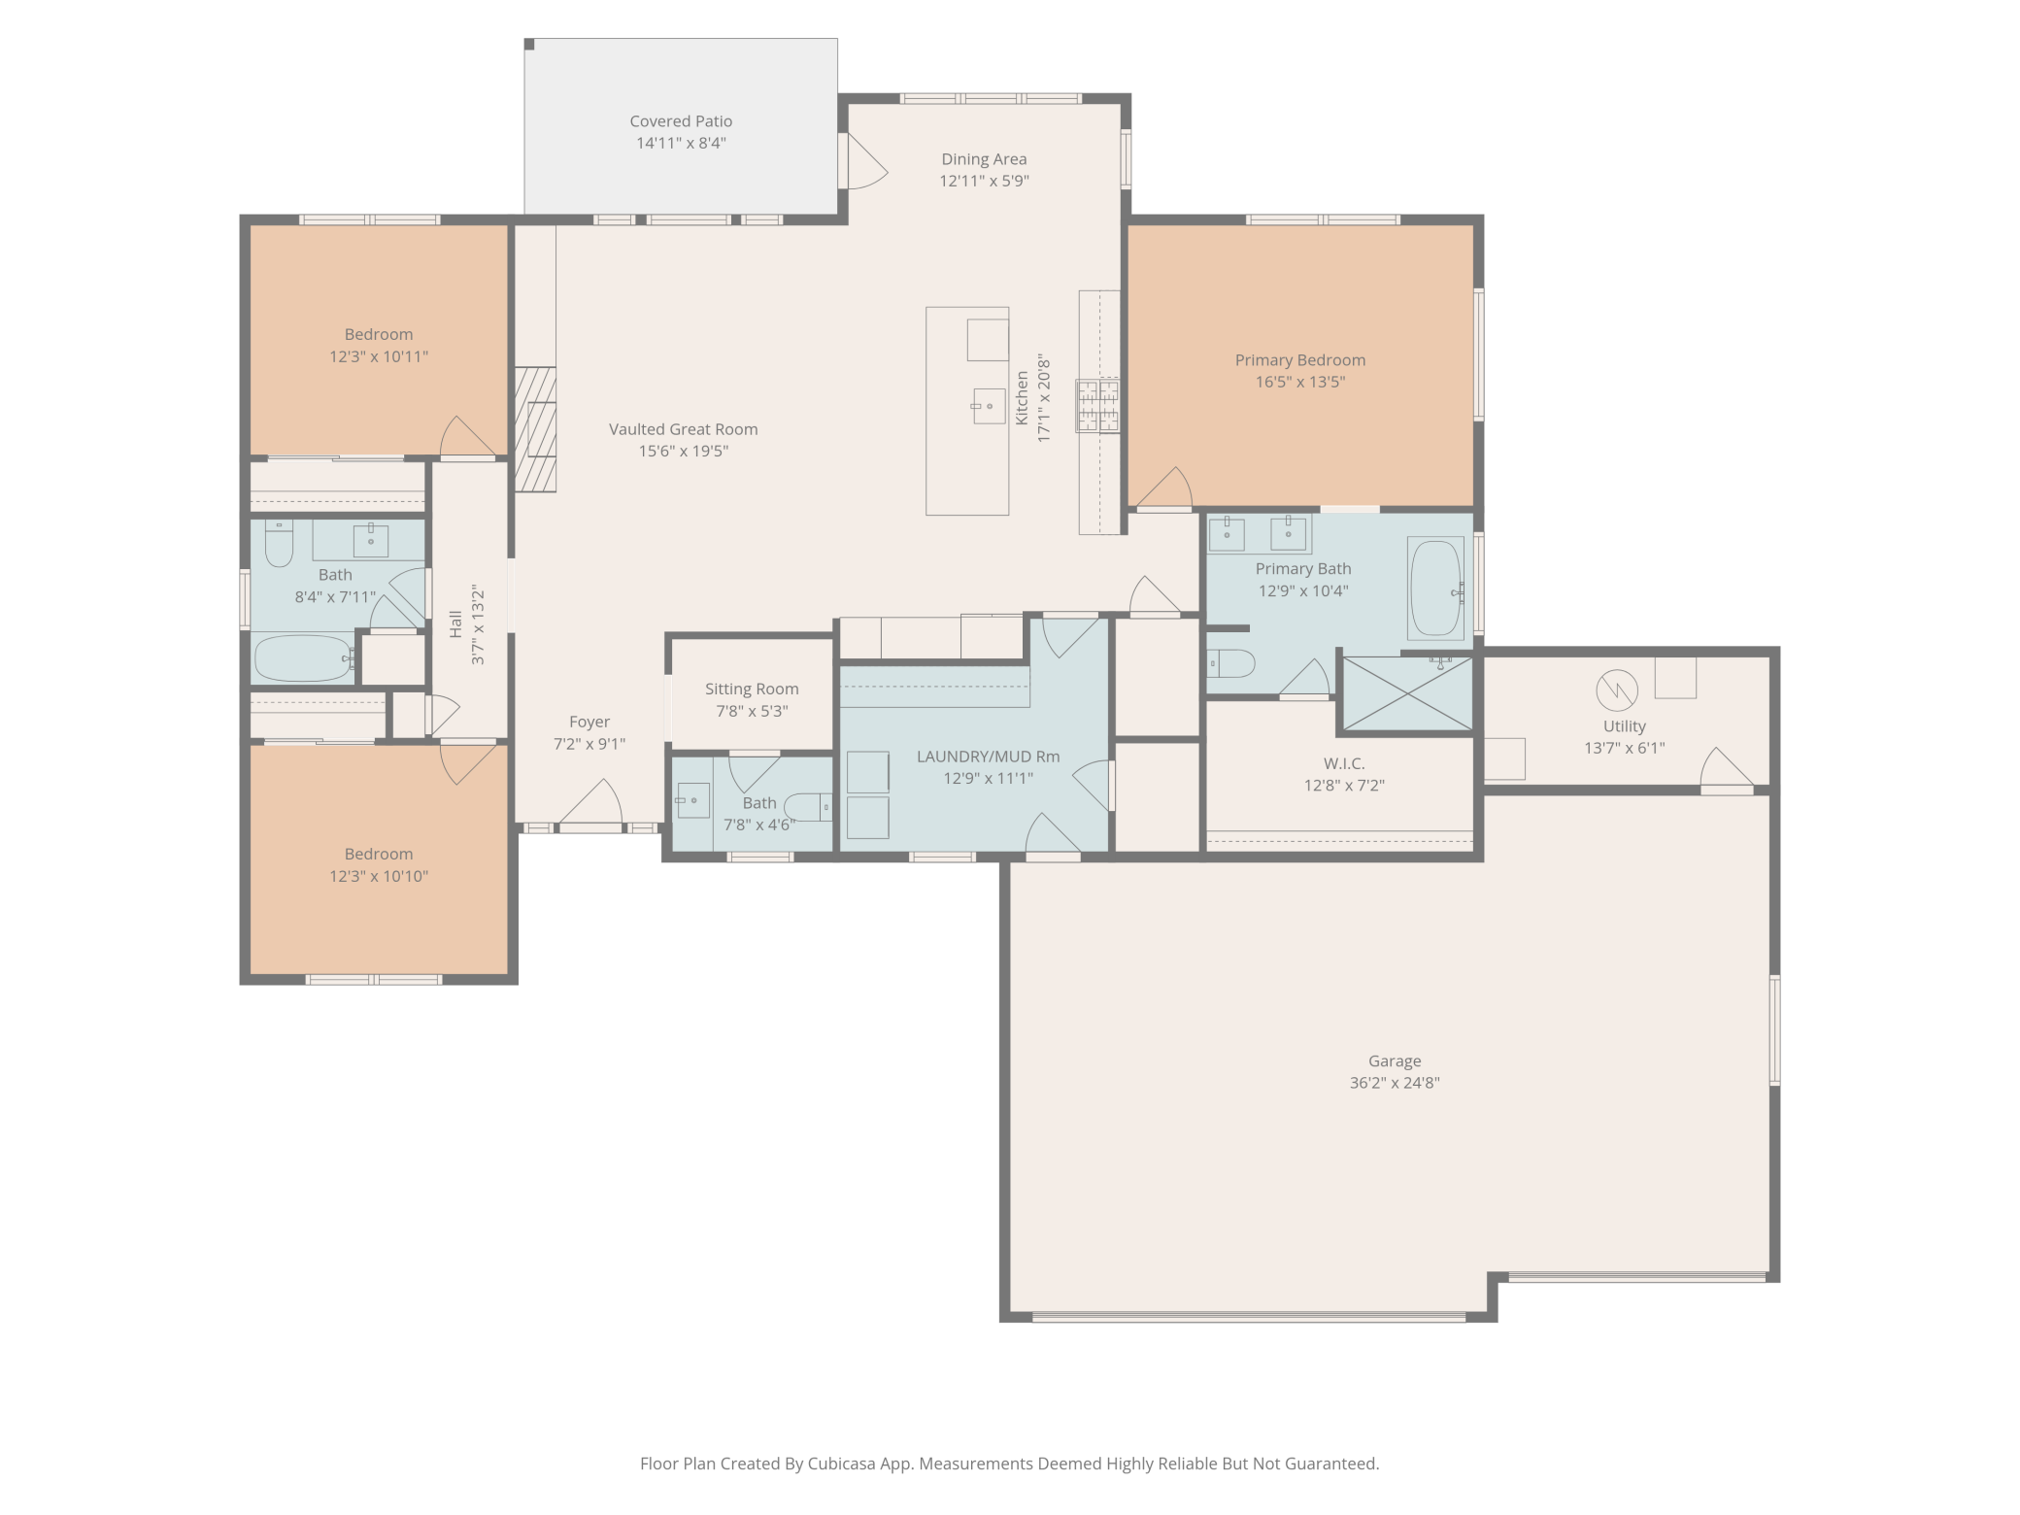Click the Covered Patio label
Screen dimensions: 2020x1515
pos(681,121)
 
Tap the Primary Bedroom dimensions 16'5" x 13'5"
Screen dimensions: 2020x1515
pos(1299,382)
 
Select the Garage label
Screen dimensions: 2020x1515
pos(1395,1061)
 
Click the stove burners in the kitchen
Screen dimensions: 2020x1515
pos(1097,406)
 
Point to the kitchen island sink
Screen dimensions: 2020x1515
pos(989,406)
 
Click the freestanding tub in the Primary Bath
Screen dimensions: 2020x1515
pos(1435,589)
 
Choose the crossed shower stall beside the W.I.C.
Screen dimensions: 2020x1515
pos(1405,694)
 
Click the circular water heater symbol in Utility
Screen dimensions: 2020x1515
pos(1617,690)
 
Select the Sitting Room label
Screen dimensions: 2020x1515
pos(752,690)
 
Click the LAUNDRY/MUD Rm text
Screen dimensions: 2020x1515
pos(988,757)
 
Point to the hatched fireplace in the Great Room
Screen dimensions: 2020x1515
pos(535,429)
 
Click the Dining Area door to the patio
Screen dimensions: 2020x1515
pos(864,161)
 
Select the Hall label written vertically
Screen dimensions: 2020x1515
pos(455,624)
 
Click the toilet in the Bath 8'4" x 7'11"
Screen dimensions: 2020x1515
pos(279,544)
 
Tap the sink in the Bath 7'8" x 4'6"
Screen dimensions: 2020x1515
pos(692,800)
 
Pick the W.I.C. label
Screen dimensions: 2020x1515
pos(1344,764)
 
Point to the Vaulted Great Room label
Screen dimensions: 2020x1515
pos(684,429)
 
